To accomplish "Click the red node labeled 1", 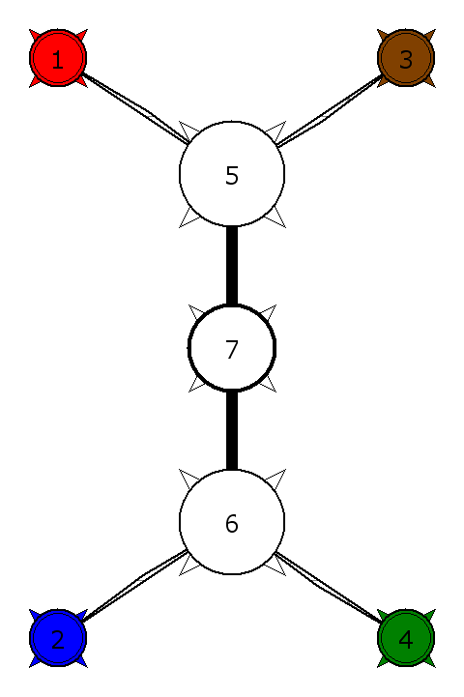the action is [x=58, y=58].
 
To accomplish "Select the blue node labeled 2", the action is [x=58, y=638].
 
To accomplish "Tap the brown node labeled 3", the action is [x=406, y=58].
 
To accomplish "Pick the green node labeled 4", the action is [x=406, y=638].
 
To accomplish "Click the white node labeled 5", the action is [x=232, y=174].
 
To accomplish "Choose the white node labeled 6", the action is [x=232, y=522].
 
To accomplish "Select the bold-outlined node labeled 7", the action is [x=232, y=348].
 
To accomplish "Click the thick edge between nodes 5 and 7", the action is [x=232, y=266].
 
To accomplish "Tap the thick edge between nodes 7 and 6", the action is [x=232, y=430].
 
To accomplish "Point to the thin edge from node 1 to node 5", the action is [x=135, y=109].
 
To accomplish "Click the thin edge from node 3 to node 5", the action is [x=329, y=110].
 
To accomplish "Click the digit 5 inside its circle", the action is [x=232, y=176].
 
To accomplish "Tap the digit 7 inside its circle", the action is [x=232, y=350].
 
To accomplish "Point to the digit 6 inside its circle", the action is [x=232, y=524].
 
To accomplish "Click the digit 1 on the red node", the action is [x=58, y=60].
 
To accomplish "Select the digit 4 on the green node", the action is [x=406, y=640].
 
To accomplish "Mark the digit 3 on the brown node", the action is [x=406, y=60].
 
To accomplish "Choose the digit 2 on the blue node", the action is [x=58, y=640].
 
